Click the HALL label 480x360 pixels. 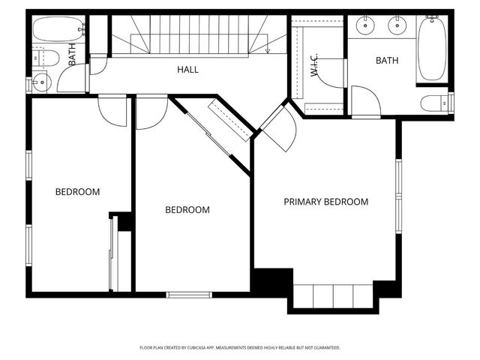[187, 70]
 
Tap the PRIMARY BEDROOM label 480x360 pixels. [325, 202]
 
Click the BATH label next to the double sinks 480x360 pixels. [388, 60]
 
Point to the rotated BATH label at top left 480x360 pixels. [73, 55]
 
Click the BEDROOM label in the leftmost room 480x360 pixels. [77, 192]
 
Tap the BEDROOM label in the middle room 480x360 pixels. [187, 210]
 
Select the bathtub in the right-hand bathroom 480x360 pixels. [431, 49]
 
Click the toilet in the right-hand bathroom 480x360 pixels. [436, 103]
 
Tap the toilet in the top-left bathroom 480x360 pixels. [48, 57]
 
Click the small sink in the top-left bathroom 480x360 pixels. [40, 83]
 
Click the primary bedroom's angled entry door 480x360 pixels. [279, 127]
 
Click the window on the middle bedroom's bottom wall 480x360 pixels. [189, 295]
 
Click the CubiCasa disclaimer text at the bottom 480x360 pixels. [240, 348]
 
